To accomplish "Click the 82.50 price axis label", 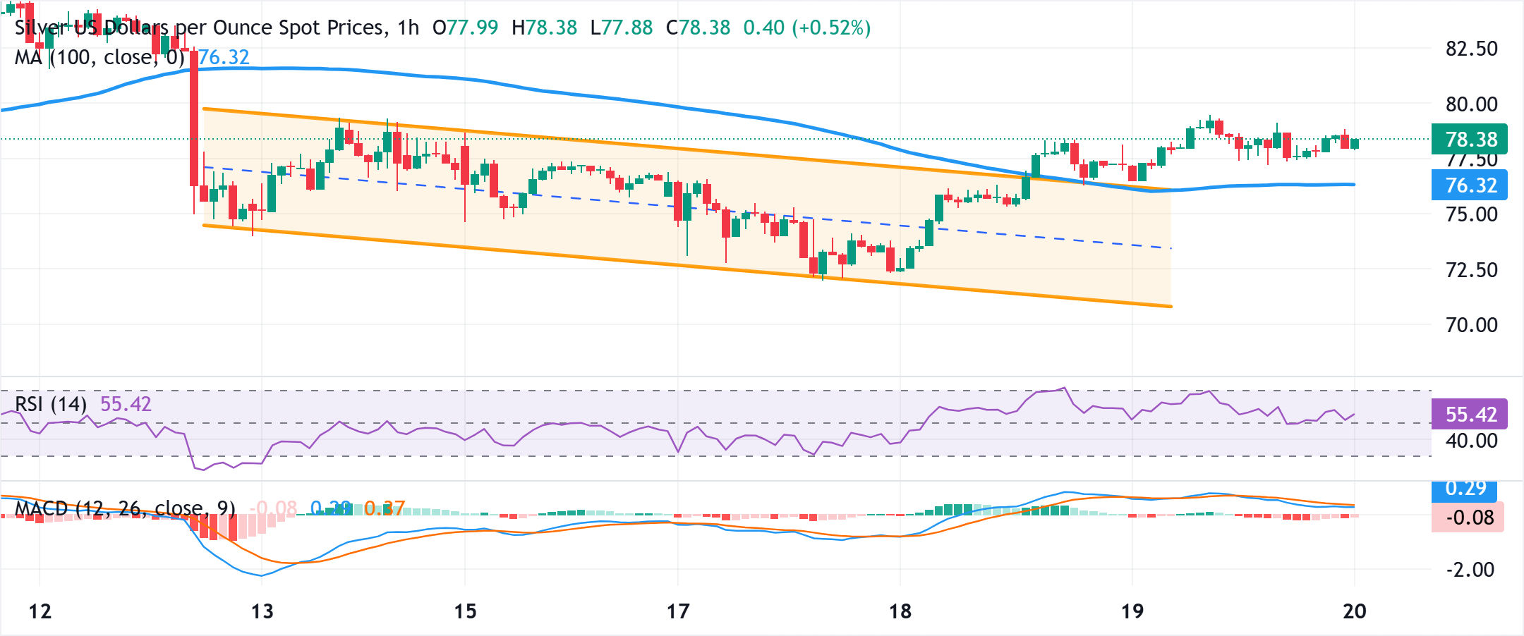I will click(x=1471, y=49).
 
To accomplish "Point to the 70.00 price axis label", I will click(x=1471, y=325).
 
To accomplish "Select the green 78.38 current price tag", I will click(x=1470, y=139).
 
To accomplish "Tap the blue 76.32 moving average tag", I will click(x=1470, y=185).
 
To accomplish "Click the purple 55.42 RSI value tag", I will click(x=1470, y=414).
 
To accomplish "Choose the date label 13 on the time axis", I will click(x=262, y=611).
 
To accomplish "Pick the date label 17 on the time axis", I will click(x=678, y=611).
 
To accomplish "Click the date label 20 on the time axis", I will click(x=1354, y=611).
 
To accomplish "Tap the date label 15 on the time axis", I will click(x=465, y=611).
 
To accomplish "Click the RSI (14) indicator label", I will click(x=51, y=404).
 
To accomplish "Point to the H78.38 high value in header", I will click(x=544, y=27).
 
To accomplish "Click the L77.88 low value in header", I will click(x=622, y=27).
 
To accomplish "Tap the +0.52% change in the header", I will click(x=831, y=27).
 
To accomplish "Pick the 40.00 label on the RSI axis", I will click(x=1471, y=441).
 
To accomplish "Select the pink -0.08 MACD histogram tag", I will click(x=1468, y=518).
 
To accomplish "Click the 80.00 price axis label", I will click(x=1471, y=104).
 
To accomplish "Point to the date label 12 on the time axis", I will click(x=40, y=611).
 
